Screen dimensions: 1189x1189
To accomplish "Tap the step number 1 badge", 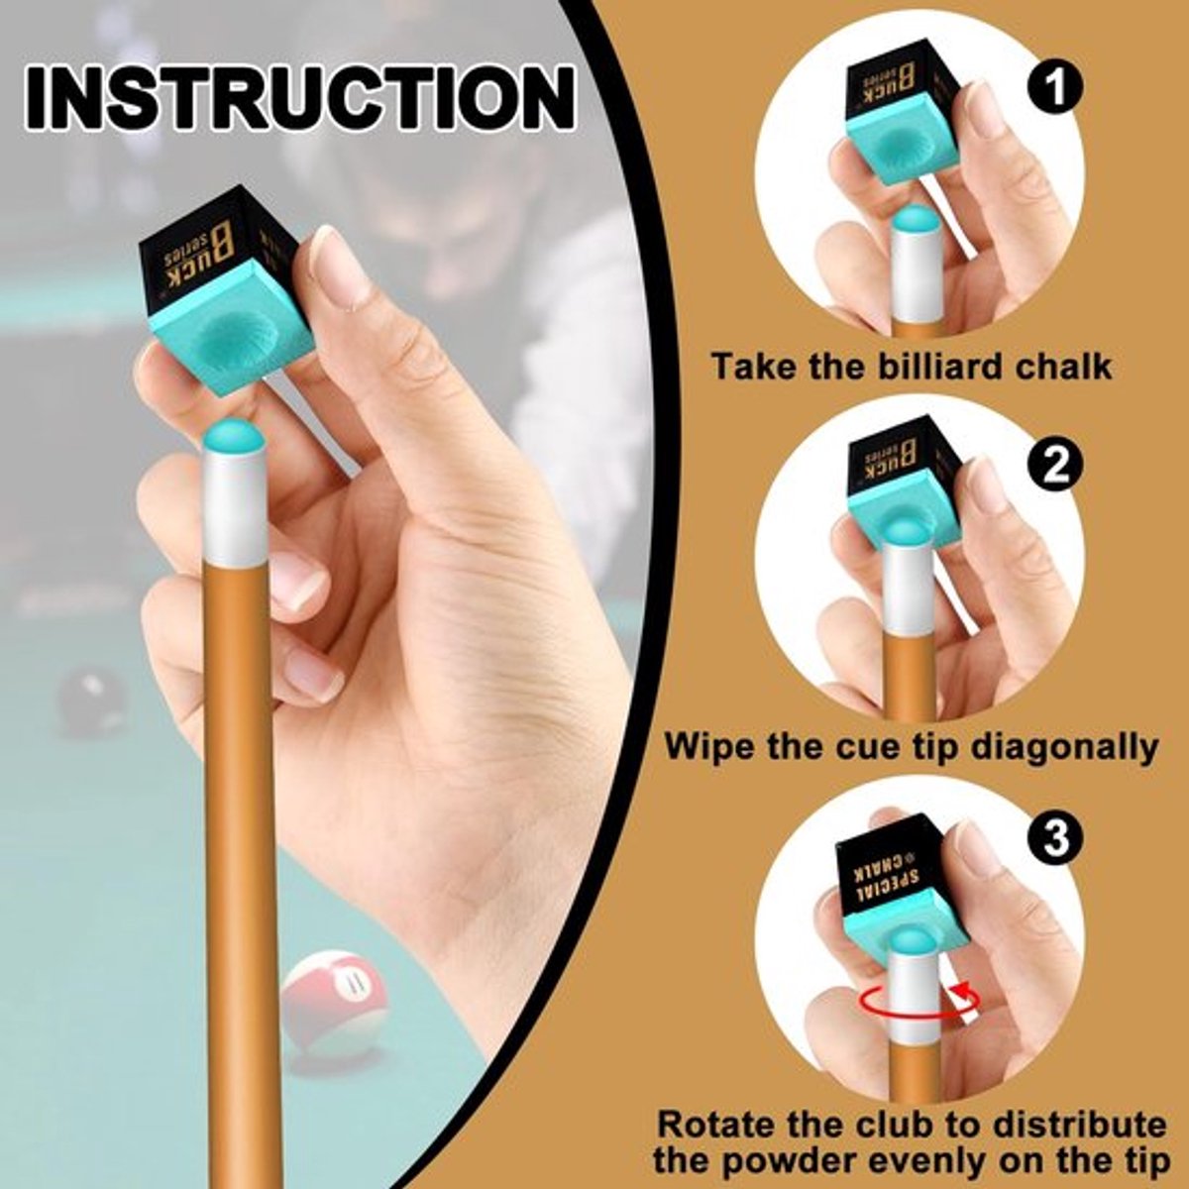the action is click(1054, 89).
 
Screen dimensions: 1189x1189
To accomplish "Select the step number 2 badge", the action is click(1054, 467).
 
